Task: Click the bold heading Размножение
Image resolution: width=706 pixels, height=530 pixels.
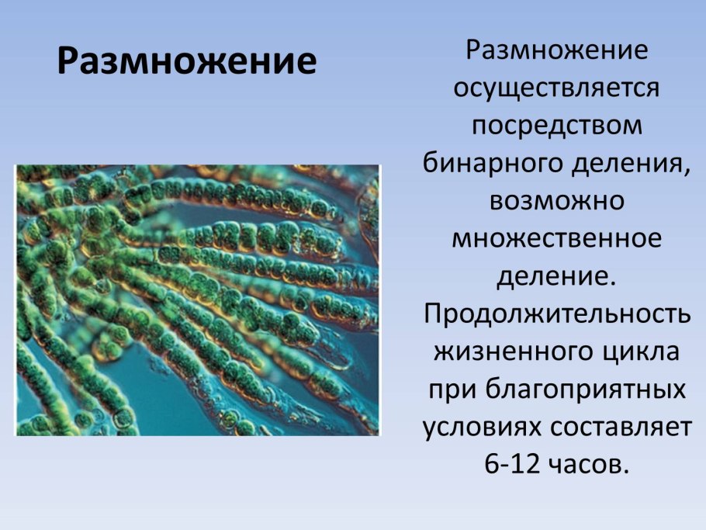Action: tap(187, 61)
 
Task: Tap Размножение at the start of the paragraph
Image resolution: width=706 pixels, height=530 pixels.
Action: tap(556, 50)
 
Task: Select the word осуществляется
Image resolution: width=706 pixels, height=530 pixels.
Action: tap(556, 88)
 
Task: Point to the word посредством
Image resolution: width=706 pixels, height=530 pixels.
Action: tap(556, 125)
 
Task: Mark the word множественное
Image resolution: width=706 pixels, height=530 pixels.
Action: tap(556, 237)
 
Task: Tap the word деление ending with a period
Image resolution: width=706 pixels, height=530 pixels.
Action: tap(556, 274)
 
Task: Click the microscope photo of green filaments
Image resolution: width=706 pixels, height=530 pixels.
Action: tap(197, 300)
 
